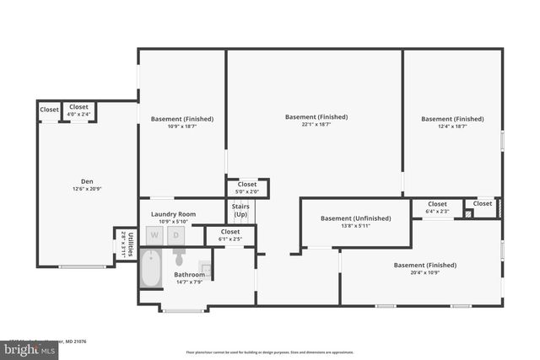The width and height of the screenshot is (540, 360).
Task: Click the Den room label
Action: click(87, 180)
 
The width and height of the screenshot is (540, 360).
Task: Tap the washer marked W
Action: click(154, 236)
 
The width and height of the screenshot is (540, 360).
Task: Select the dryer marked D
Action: click(176, 236)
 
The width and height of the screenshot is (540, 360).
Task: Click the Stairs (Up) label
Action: click(240, 211)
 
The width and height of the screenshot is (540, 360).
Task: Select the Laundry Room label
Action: click(173, 214)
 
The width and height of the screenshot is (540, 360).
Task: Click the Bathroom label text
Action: click(189, 275)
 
